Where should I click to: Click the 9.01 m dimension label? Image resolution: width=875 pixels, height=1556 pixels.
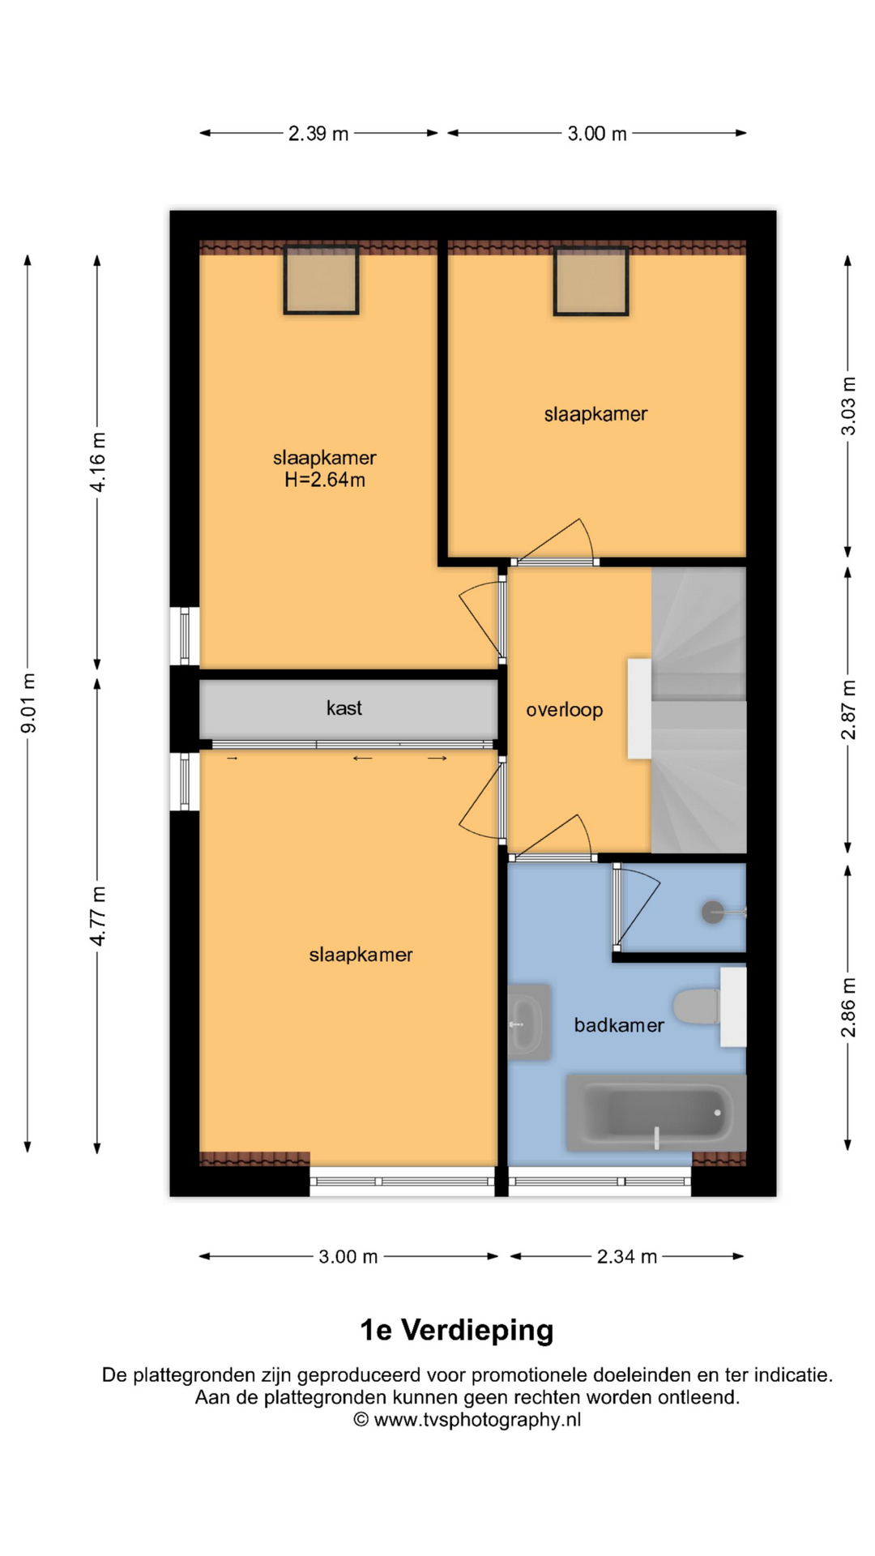tap(28, 703)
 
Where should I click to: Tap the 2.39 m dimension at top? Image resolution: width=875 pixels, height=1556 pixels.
tap(318, 134)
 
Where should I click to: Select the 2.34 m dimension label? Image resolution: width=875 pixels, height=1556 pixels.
tap(626, 1257)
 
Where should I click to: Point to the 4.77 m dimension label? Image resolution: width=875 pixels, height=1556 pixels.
tap(98, 916)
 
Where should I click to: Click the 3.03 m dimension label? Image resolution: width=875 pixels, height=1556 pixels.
tap(848, 406)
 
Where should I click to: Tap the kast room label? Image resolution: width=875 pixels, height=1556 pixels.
tap(344, 708)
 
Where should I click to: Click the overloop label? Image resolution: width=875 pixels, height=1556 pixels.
tap(565, 711)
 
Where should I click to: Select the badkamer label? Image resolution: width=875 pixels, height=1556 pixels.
tap(619, 1025)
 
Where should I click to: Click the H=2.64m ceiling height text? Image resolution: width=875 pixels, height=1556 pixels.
tap(325, 480)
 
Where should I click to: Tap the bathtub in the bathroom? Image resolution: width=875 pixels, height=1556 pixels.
tap(655, 1113)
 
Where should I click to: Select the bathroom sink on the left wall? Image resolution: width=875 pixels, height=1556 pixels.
tap(529, 1023)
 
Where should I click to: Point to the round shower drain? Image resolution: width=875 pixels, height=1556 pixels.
tap(713, 913)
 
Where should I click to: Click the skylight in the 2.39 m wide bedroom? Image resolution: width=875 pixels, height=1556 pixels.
tap(321, 280)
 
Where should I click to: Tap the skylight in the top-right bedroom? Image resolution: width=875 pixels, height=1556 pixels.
tap(591, 280)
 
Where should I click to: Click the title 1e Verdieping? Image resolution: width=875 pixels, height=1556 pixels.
tap(457, 1330)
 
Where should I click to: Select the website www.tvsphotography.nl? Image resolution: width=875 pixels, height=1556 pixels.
tap(477, 1420)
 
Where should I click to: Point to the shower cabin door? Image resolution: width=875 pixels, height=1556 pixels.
tap(638, 906)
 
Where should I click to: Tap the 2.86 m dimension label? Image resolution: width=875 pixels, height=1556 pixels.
tap(848, 1007)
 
